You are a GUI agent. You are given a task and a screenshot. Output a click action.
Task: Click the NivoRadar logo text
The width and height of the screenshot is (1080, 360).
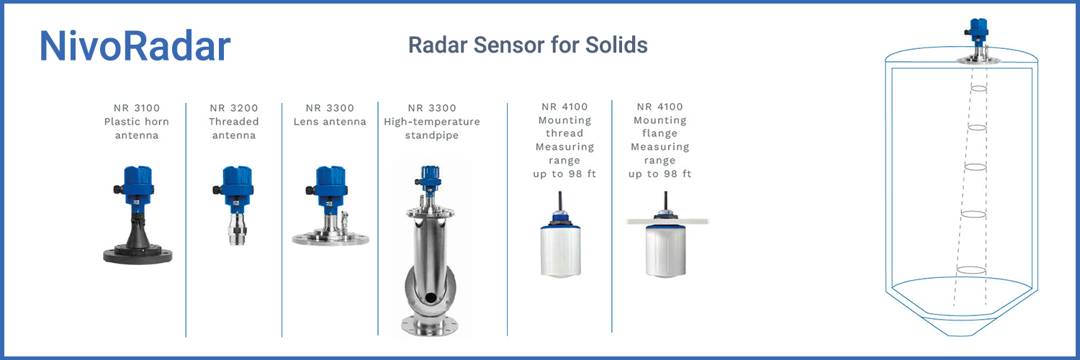click(x=135, y=46)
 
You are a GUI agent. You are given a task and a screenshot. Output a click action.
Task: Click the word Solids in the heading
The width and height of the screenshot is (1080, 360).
click(x=616, y=45)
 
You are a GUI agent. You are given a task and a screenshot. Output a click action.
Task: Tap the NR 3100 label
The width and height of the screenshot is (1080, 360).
click(x=137, y=108)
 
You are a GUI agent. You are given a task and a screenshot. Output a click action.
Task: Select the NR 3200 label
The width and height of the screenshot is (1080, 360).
click(x=234, y=108)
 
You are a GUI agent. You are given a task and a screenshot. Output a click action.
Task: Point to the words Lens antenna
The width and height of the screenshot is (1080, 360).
click(x=330, y=122)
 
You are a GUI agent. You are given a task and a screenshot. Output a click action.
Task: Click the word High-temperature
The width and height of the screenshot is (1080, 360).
click(x=432, y=122)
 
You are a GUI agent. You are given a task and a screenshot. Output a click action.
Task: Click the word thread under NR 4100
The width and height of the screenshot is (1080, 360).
click(x=564, y=133)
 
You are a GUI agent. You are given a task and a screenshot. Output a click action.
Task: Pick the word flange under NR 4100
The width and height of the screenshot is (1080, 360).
click(x=660, y=133)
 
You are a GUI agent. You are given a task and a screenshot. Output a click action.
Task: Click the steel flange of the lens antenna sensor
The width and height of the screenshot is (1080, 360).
click(x=330, y=238)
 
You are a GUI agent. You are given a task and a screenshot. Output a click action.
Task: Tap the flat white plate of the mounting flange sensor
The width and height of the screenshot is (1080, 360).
click(x=667, y=221)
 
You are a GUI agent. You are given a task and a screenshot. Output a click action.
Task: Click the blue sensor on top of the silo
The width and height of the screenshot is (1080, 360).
click(x=978, y=32)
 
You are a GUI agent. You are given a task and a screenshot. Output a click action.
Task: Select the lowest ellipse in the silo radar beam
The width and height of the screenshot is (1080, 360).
click(x=971, y=270)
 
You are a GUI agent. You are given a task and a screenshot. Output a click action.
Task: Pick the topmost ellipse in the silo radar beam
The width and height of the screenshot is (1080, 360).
click(x=978, y=89)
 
